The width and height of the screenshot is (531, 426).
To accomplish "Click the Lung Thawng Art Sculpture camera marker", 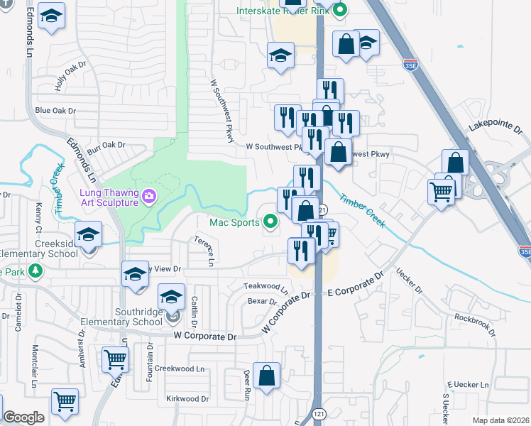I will tap(149, 196).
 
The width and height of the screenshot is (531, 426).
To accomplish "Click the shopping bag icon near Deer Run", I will tap(266, 377).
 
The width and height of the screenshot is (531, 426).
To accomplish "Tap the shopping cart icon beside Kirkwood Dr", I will tap(65, 402).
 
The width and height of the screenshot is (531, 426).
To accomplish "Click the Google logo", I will tap(23, 417).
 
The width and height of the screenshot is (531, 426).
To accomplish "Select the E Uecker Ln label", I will tap(466, 384).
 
